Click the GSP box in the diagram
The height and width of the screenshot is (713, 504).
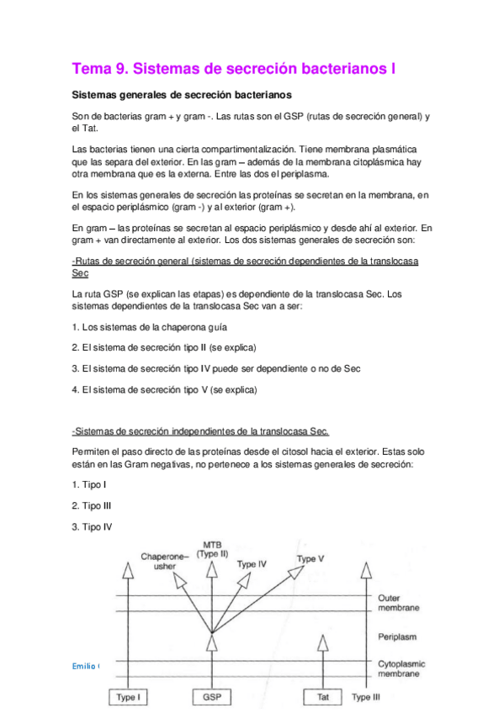pos(210,697)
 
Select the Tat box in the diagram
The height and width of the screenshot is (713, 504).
pos(322,697)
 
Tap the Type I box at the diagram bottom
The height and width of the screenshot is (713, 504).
pos(128,697)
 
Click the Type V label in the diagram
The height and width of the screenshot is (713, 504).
pos(311,559)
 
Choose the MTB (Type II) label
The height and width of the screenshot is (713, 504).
pos(212,550)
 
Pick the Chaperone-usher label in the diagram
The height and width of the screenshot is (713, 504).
pos(160,561)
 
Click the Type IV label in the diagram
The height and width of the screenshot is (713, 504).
pos(252,565)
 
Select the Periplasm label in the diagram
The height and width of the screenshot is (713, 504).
pos(395,636)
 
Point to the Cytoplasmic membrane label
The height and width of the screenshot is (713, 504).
pos(401,668)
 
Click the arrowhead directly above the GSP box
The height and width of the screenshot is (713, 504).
pos(210,642)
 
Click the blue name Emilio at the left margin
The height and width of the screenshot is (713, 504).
pos(84,665)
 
